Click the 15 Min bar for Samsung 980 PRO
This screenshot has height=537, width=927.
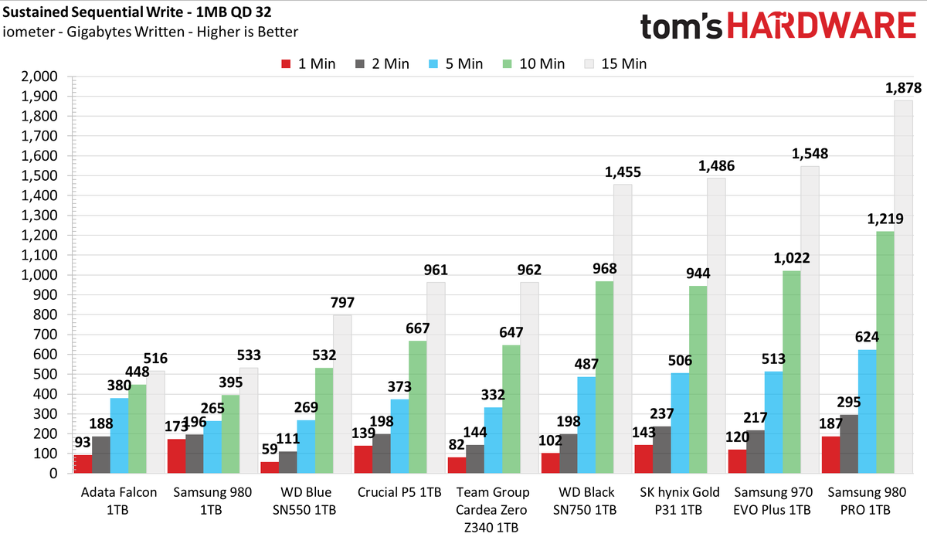tap(903, 287)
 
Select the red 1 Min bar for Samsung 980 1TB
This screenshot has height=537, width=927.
tap(176, 456)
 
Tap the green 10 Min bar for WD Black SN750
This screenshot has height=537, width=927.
tap(604, 377)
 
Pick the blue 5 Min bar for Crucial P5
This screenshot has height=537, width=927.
tap(399, 436)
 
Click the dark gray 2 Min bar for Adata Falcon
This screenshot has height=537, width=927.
tap(101, 454)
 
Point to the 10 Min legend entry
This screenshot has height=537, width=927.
tap(534, 64)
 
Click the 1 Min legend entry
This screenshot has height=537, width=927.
tap(308, 64)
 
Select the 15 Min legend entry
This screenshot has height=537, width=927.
tap(616, 64)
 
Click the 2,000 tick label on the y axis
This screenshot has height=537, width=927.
tap(39, 76)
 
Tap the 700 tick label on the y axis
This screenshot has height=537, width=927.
tap(46, 335)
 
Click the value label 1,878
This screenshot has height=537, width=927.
tap(903, 88)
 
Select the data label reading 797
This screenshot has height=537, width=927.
tap(342, 303)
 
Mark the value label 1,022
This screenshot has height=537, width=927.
tap(791, 258)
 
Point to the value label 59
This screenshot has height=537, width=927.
tap(270, 449)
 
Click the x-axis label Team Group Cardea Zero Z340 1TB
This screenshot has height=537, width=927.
tap(491, 510)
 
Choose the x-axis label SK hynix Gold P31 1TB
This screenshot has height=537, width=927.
tap(679, 501)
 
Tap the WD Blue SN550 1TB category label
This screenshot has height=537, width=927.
tap(304, 501)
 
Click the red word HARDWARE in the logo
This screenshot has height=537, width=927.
tap(822, 25)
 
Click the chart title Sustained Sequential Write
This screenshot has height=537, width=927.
tap(93, 12)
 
